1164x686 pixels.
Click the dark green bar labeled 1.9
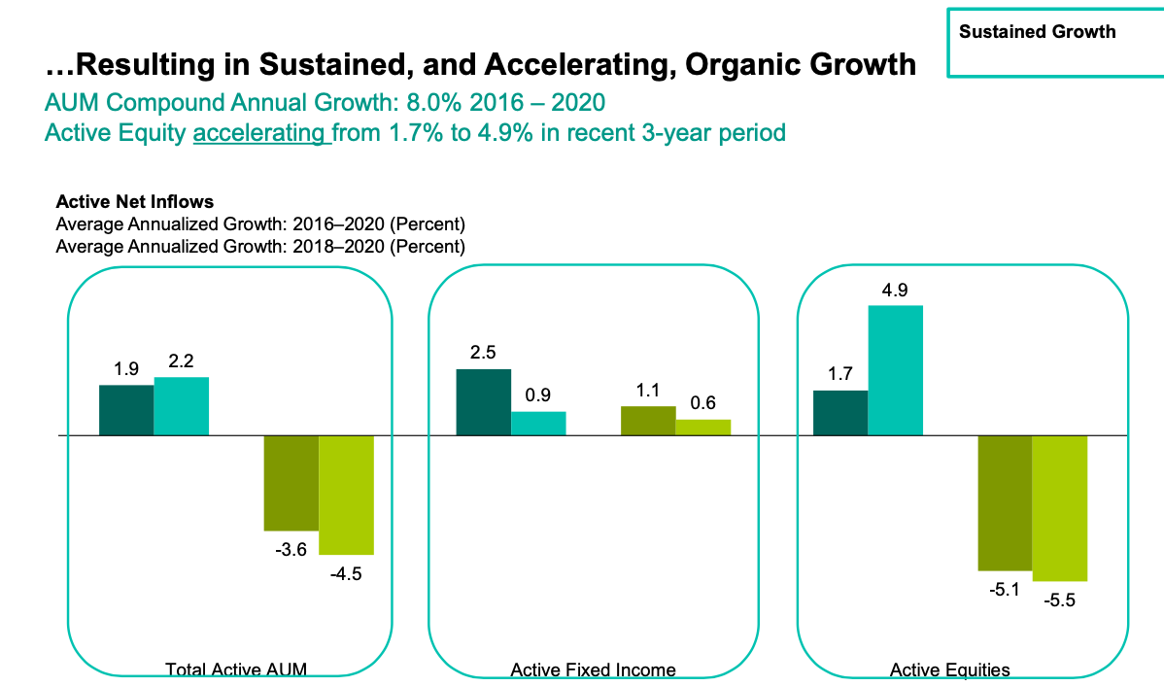[127, 410]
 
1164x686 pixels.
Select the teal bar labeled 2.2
[182, 406]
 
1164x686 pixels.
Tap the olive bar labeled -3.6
[291, 483]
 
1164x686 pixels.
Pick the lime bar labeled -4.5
[347, 496]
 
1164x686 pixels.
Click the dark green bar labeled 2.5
[484, 402]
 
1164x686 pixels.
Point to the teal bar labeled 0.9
[539, 424]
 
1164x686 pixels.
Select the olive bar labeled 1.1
[649, 421]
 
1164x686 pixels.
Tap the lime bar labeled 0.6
[703, 428]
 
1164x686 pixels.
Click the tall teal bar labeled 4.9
[896, 370]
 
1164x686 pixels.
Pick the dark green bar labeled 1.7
[841, 413]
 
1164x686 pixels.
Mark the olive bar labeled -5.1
[1006, 503]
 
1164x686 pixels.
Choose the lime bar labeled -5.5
[1061, 508]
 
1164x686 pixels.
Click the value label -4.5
[346, 574]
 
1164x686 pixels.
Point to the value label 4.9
[895, 291]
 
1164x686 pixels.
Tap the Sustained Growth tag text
[1037, 32]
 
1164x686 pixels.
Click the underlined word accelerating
[259, 133]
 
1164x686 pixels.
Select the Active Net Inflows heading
[135, 202]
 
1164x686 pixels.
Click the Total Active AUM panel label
[236, 669]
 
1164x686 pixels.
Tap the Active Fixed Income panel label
[593, 669]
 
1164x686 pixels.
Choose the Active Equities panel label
[950, 670]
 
